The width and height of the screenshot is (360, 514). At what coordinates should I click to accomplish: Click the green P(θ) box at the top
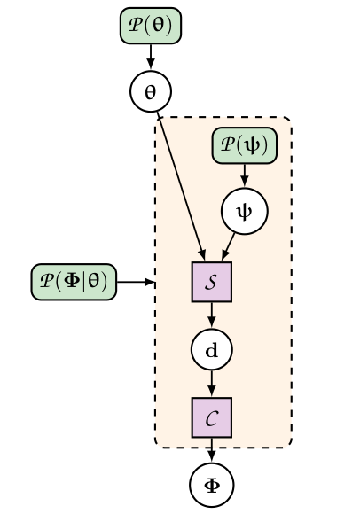click(x=151, y=25)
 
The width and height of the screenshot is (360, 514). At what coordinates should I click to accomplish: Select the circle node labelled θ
click(x=150, y=90)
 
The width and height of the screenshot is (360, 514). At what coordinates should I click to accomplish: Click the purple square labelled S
click(x=212, y=282)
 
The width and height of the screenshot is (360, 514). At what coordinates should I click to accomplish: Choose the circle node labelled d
click(x=212, y=350)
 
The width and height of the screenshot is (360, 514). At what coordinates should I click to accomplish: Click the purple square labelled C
click(x=212, y=417)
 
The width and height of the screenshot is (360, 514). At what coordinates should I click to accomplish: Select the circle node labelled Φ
click(x=212, y=485)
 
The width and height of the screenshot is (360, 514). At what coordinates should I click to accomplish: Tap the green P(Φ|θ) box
click(x=74, y=282)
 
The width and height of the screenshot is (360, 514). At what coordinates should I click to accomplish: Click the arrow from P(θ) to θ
click(x=150, y=57)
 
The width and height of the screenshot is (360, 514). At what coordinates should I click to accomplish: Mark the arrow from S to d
click(x=212, y=315)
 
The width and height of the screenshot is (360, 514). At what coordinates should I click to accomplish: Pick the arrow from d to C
click(x=212, y=383)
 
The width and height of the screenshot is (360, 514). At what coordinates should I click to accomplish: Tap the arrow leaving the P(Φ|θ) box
click(x=136, y=282)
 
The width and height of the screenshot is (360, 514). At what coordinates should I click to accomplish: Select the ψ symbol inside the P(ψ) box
click(x=251, y=145)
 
